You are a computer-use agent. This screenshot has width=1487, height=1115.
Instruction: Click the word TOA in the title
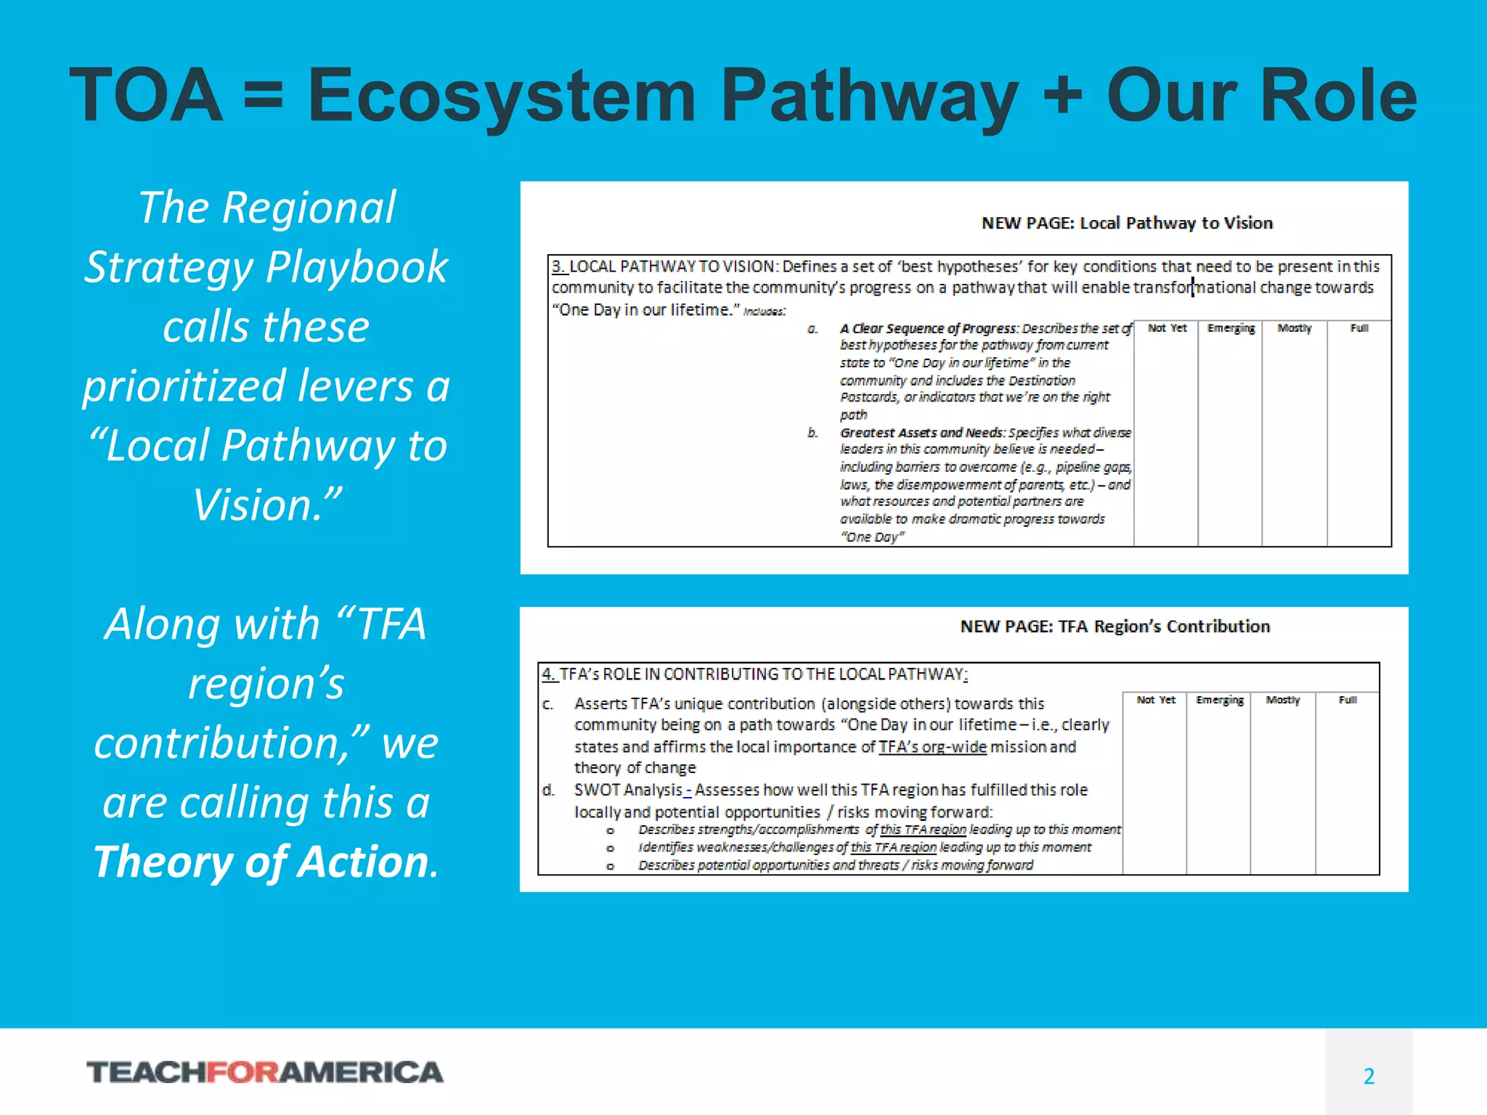click(x=147, y=96)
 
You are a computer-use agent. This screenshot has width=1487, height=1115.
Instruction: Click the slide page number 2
click(x=1369, y=1076)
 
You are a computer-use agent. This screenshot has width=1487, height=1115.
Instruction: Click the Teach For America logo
click(x=265, y=1072)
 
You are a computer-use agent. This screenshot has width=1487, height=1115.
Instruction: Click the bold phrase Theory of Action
click(x=265, y=862)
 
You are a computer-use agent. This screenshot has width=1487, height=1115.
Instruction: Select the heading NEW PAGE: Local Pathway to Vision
click(x=1127, y=223)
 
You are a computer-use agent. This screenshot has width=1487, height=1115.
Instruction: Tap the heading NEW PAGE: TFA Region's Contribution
click(x=1115, y=626)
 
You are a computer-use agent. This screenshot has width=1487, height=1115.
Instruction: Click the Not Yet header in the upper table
click(x=1167, y=328)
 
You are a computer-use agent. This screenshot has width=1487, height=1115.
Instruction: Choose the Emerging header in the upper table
click(x=1231, y=328)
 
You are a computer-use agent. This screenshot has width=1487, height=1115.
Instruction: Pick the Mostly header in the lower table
click(x=1283, y=700)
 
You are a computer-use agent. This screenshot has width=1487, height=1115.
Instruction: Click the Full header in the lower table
click(x=1348, y=700)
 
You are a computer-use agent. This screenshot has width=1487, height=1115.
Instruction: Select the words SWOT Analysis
click(x=628, y=790)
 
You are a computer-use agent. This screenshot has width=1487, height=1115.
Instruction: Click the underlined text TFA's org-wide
click(x=932, y=747)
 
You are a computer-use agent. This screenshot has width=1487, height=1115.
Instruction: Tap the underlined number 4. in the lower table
click(x=549, y=674)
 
